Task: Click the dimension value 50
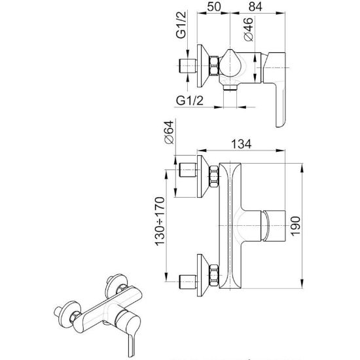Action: pos(214,7)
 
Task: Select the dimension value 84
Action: pos(255,7)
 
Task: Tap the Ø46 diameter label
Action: pos(249,29)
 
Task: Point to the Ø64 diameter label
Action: pos(170,132)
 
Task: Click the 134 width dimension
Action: pos(241,144)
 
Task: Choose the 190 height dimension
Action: pos(295,226)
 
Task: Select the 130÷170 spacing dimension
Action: pos(160,221)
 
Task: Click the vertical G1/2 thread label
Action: pos(181,25)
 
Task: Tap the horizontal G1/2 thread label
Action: pos(190,100)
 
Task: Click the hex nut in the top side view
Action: pos(215,65)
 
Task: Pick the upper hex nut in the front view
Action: pos(214,176)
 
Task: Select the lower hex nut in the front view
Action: pos(214,276)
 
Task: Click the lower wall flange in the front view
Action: pos(203,275)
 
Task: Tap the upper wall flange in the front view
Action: pos(203,176)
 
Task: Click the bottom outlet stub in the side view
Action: pos(230,87)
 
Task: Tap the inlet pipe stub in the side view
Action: pos(187,65)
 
